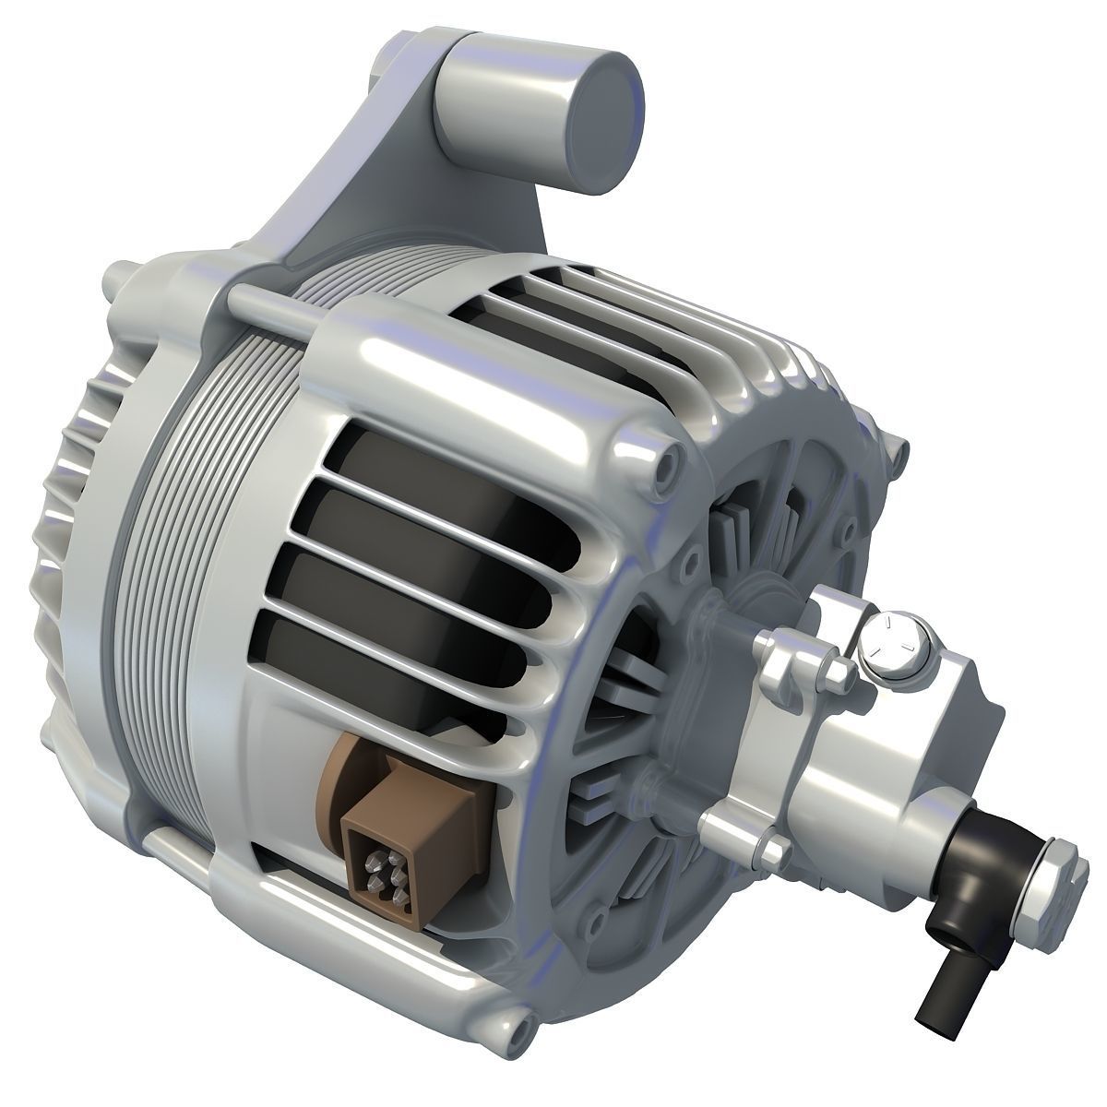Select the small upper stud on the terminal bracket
[837, 671]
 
